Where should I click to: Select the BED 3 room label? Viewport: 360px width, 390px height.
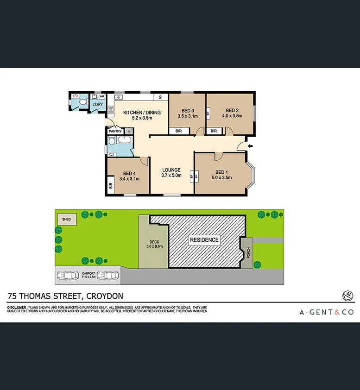[187, 110]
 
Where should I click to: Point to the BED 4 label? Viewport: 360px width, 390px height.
[129, 173]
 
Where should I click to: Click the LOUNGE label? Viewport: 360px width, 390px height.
[171, 170]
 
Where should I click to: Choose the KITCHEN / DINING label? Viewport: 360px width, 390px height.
[142, 112]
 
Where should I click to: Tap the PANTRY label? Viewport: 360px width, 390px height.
[115, 132]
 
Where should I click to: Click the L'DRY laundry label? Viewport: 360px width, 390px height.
[97, 105]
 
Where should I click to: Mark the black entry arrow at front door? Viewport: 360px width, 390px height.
[251, 146]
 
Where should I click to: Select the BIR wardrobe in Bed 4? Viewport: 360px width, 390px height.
[111, 187]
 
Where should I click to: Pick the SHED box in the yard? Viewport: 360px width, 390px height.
[66, 219]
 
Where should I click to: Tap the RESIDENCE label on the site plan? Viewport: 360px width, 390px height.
[204, 240]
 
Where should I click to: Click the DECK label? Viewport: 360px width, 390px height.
[154, 242]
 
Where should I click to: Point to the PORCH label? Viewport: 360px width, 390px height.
[248, 253]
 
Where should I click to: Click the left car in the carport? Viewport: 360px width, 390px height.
[68, 277]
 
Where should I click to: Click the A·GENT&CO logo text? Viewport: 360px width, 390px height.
[326, 312]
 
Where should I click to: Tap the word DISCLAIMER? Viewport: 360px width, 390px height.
[17, 308]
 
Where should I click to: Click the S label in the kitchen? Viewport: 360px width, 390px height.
[160, 97]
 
